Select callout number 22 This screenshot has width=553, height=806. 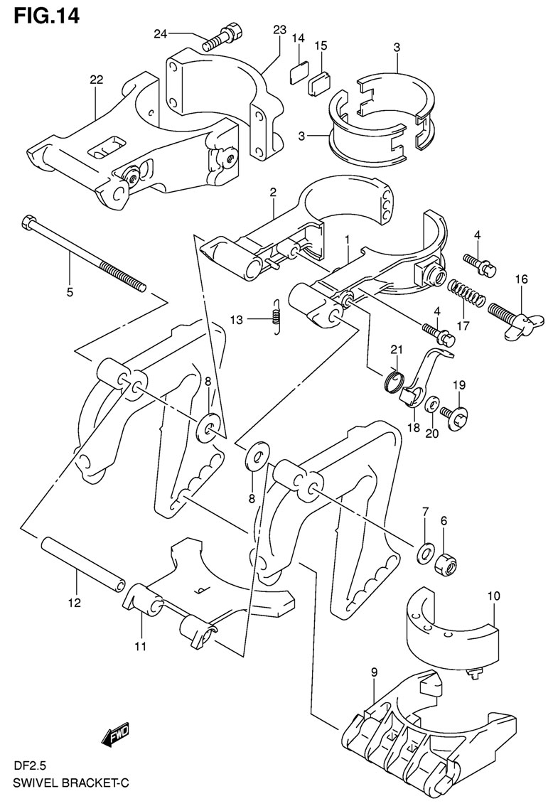coord(96,80)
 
